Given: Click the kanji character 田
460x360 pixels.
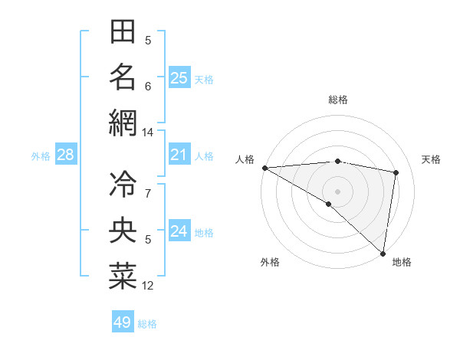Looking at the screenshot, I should click(x=123, y=32).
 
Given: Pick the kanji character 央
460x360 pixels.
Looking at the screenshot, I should click(x=123, y=230).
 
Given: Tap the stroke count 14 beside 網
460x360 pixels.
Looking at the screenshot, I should click(x=148, y=133).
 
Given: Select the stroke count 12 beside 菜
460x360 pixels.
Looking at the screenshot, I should click(x=148, y=286).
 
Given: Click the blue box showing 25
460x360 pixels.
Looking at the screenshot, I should click(x=179, y=77).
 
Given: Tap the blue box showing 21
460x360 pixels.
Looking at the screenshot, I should click(x=179, y=155).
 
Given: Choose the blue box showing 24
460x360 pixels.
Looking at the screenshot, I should click(x=179, y=231).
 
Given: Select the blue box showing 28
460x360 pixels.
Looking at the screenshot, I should click(x=66, y=155).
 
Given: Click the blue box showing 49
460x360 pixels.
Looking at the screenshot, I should click(x=123, y=322).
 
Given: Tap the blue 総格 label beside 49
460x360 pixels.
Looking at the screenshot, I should click(x=147, y=324).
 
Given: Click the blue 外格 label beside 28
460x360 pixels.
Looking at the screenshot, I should click(x=41, y=156).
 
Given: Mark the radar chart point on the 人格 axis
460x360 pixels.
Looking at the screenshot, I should click(x=264, y=168).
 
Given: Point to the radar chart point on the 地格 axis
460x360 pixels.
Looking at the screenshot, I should click(x=382, y=253).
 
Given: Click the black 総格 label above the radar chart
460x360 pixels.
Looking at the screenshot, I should click(x=338, y=100).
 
